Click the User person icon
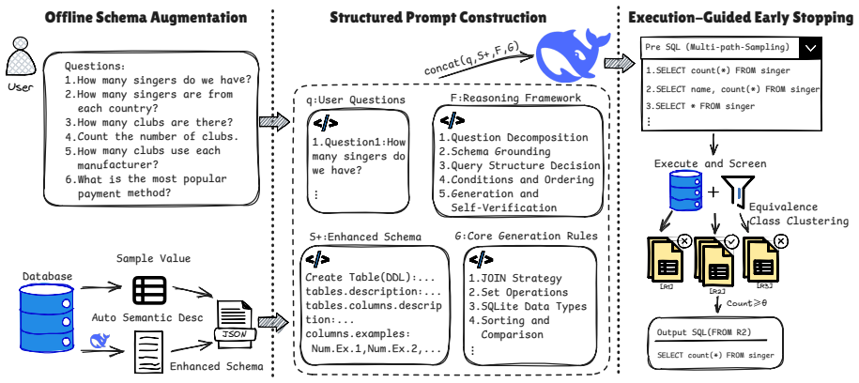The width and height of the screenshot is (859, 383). (21, 56)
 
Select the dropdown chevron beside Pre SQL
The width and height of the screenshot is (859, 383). (809, 48)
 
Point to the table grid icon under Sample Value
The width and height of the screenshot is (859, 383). (149, 290)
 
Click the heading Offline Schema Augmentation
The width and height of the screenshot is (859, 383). (146, 18)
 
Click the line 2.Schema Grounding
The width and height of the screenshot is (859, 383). (495, 151)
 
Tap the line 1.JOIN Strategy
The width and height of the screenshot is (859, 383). (515, 278)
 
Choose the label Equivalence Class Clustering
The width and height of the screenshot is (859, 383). (799, 214)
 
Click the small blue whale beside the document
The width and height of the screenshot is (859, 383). (100, 341)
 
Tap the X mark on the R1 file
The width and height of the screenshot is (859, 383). (684, 241)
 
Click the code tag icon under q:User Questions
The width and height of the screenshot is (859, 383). (326, 123)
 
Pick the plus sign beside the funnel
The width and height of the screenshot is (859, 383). (713, 191)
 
